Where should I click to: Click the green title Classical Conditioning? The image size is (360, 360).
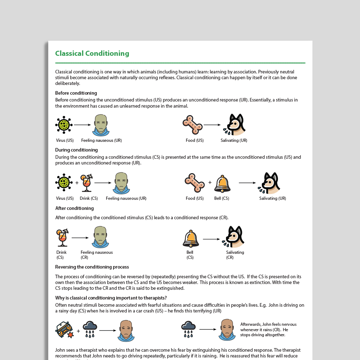(x=92, y=54)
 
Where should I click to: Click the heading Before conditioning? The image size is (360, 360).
(x=76, y=93)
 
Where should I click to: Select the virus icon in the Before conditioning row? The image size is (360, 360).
(x=64, y=125)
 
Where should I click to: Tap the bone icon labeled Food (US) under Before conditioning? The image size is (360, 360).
(x=193, y=125)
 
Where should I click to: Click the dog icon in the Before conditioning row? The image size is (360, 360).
(x=234, y=125)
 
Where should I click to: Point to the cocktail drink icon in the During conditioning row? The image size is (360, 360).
(x=86, y=183)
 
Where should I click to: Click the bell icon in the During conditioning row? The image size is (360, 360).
(x=222, y=183)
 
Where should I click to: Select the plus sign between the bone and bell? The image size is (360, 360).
(x=210, y=183)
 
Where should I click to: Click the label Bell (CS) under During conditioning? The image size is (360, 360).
(x=221, y=198)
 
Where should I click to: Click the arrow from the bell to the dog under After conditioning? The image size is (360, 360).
(x=211, y=239)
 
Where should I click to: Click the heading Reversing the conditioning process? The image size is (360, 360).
(x=92, y=267)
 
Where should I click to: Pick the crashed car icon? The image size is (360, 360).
(x=64, y=330)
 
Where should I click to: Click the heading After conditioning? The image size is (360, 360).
(x=75, y=208)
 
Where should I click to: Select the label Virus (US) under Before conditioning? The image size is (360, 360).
(x=65, y=140)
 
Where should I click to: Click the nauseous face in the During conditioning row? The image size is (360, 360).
(x=121, y=183)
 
